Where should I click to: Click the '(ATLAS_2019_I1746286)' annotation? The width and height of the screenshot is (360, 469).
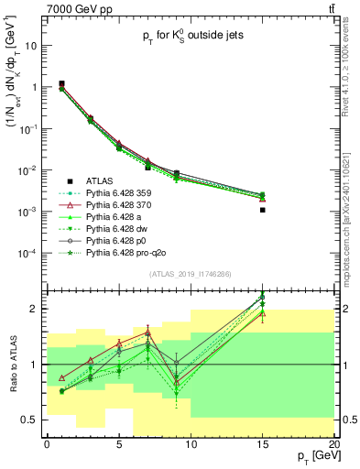click(x=190, y=273)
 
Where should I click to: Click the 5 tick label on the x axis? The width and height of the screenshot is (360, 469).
click(x=118, y=444)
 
